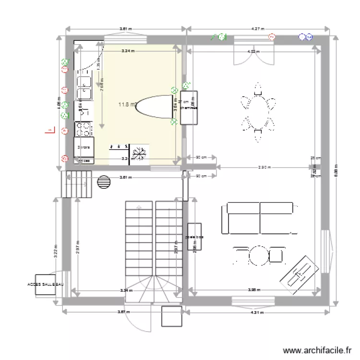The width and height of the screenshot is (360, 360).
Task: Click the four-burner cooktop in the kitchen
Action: coord(83,129)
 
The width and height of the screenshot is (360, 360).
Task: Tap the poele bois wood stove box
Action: coord(194,237)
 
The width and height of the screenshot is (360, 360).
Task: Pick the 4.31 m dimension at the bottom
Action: coord(258,312)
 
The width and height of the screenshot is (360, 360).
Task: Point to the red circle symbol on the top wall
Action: coord(272,36)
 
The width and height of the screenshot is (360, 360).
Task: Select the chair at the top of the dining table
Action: coord(258,88)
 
